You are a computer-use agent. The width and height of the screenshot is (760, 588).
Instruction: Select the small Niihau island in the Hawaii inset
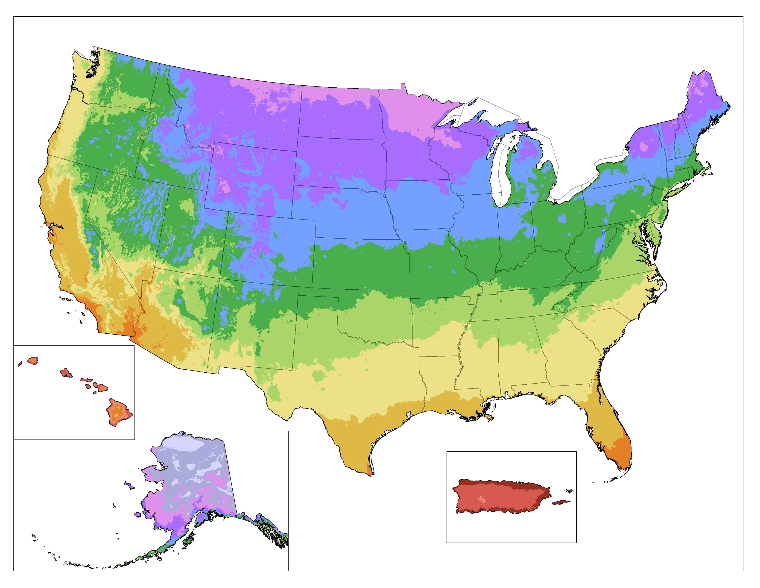(x=20, y=364)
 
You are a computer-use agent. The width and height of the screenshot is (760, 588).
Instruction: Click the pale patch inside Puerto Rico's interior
(x=482, y=499)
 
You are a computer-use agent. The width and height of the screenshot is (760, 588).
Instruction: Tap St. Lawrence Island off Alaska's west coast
(x=129, y=485)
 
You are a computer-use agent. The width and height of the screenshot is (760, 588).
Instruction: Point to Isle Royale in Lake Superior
(x=472, y=102)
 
